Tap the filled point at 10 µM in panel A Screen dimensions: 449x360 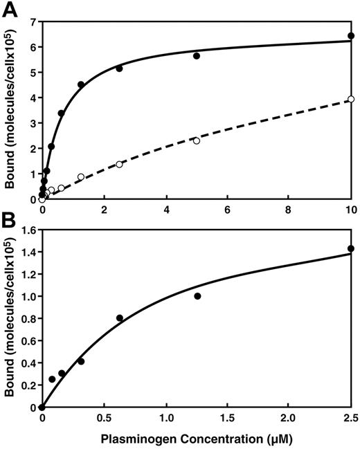click(351, 35)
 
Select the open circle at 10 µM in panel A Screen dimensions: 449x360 click(351, 99)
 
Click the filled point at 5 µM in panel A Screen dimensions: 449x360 click(197, 55)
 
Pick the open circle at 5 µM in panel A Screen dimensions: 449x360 click(197, 140)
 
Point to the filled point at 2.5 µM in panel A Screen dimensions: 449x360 click(119, 68)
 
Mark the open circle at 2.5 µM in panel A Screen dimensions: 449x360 click(119, 164)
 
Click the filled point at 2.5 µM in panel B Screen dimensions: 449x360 click(351, 248)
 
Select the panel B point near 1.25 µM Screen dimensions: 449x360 click(197, 296)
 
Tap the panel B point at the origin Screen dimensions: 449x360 click(42, 407)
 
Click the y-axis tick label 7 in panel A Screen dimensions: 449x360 click(32, 21)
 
